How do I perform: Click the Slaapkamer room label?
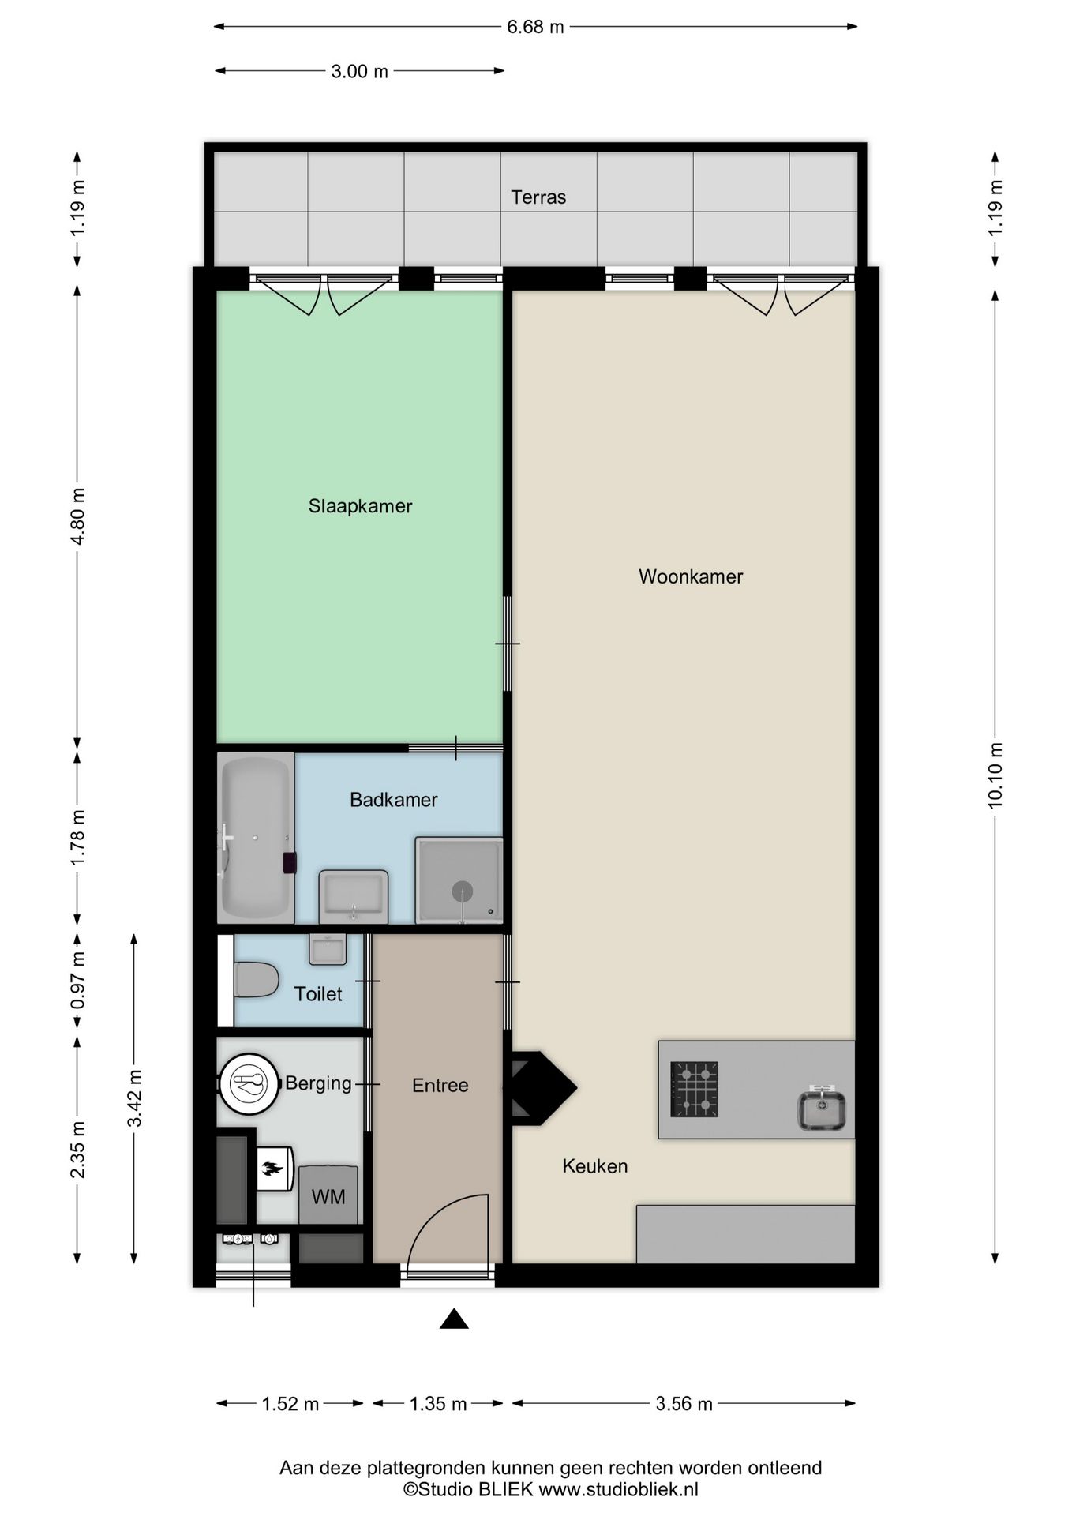click(x=360, y=506)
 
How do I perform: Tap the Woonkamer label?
click(x=691, y=577)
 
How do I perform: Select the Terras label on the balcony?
click(x=538, y=197)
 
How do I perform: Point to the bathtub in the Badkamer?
click(x=256, y=838)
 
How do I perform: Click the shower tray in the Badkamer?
click(x=459, y=880)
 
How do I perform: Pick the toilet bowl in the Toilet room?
click(x=256, y=980)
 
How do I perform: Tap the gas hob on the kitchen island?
click(x=694, y=1089)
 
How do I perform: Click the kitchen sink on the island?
click(x=822, y=1108)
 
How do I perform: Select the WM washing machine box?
click(x=328, y=1195)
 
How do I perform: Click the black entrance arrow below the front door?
click(x=454, y=1319)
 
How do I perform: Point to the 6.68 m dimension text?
click(x=535, y=27)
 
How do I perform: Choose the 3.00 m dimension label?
click(x=359, y=71)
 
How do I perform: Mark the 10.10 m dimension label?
click(x=995, y=775)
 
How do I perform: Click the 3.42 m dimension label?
click(x=135, y=1098)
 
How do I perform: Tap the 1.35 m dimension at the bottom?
click(x=438, y=1403)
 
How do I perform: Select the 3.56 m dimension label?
click(x=684, y=1403)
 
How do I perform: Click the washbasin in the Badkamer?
click(x=354, y=896)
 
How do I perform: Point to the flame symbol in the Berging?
click(x=273, y=1169)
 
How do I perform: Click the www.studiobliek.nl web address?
click(x=618, y=1490)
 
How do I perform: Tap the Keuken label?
click(x=595, y=1166)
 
